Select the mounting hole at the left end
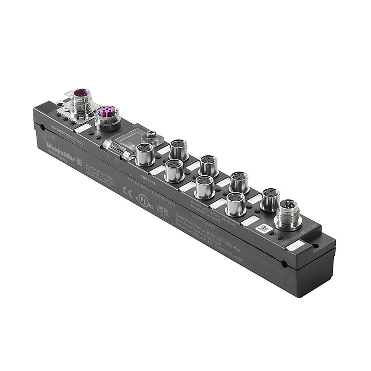point(43,126)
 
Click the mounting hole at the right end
point(283,265)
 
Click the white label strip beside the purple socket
point(84,128)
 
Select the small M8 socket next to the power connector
point(269,198)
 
